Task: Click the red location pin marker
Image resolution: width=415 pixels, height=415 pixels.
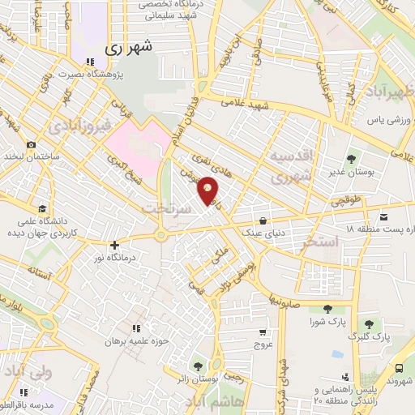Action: coord(208,190)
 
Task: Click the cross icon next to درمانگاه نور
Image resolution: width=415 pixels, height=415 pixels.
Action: coord(114,244)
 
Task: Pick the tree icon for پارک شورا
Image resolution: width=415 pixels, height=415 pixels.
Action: coord(327,308)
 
